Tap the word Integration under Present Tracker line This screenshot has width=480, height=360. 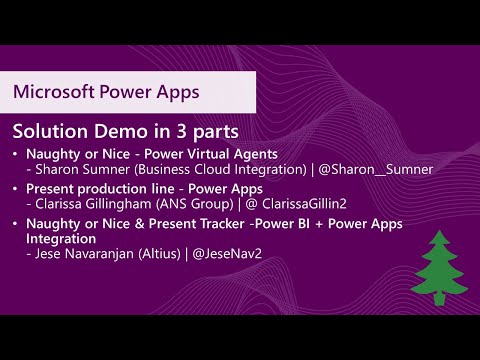pos(64,239)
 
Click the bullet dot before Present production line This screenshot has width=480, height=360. pos(16,188)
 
